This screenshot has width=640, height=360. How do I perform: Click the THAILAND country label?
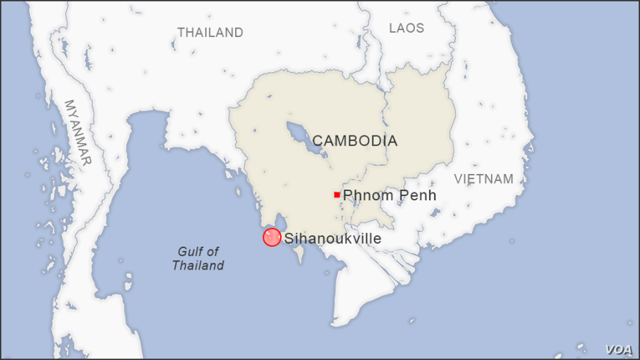(x=210, y=32)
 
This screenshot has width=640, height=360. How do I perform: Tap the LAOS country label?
(x=406, y=28)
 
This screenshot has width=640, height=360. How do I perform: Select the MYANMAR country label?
(x=78, y=133)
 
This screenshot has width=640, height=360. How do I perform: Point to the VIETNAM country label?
(x=483, y=179)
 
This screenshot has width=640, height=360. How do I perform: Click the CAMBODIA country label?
(x=354, y=141)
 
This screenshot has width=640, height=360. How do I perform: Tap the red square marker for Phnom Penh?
(x=336, y=195)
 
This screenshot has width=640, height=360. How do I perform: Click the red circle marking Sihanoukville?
(x=272, y=237)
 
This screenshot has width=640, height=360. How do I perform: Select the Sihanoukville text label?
(x=332, y=239)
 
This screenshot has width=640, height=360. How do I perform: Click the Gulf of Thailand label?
(x=198, y=258)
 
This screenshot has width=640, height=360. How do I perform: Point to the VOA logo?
(x=619, y=349)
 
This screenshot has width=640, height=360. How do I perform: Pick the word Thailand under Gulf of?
(x=198, y=265)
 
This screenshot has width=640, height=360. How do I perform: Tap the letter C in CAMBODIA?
(x=317, y=141)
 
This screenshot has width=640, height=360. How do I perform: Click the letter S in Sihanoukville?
(x=289, y=239)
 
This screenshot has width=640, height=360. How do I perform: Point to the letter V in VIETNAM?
(x=458, y=179)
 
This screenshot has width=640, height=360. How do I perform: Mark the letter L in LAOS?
(x=393, y=28)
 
